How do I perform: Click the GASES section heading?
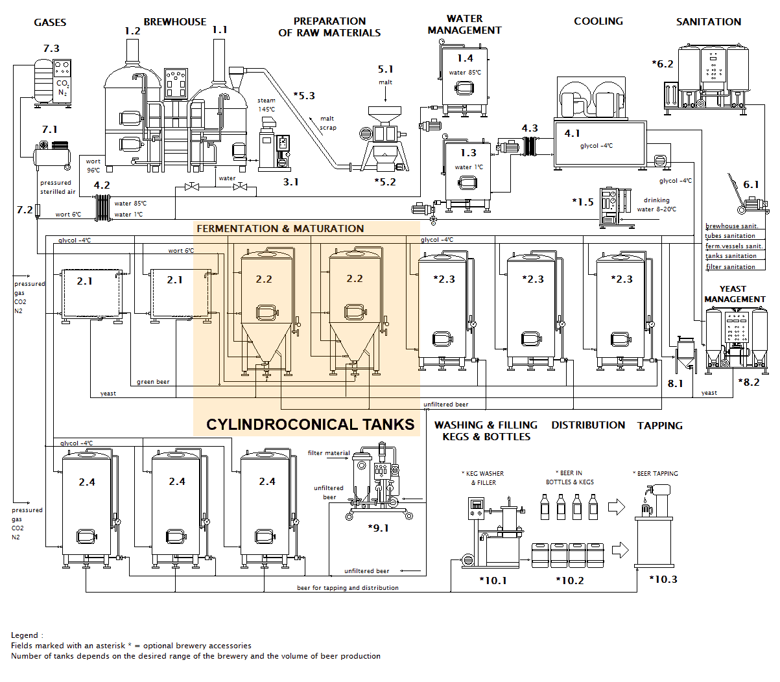(x=50, y=23)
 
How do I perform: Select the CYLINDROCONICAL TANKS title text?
(x=310, y=425)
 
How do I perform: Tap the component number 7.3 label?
(x=51, y=49)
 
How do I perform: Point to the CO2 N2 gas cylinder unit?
(x=53, y=82)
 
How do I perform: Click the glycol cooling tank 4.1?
(x=599, y=144)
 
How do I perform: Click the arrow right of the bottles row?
(x=616, y=507)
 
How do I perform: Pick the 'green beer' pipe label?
(x=153, y=382)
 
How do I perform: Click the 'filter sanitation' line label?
(x=730, y=267)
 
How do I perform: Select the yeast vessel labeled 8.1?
(x=685, y=354)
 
